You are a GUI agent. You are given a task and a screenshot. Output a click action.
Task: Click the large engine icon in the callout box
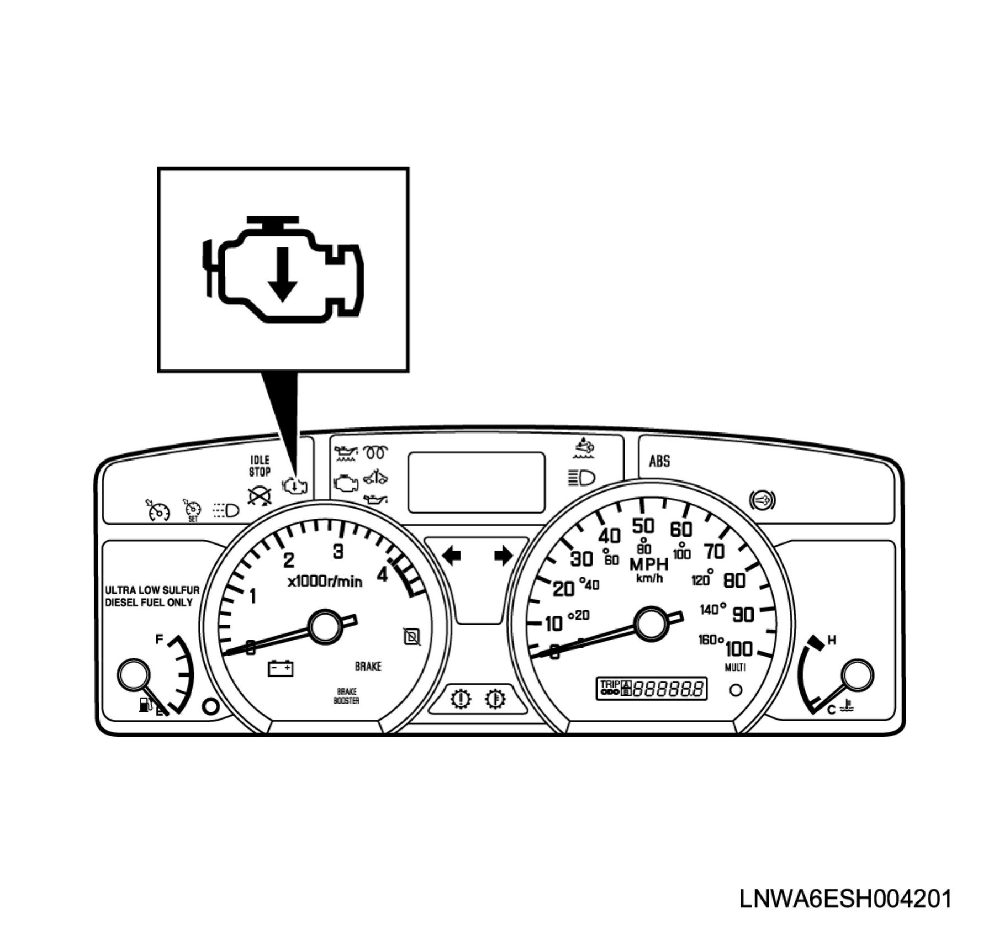[283, 270]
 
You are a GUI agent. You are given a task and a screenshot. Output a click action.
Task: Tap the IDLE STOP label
[260, 466]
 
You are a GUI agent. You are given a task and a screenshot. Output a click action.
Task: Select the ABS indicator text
[659, 461]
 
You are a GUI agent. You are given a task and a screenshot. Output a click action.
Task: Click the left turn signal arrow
[452, 555]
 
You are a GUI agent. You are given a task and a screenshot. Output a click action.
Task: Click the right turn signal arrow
[503, 555]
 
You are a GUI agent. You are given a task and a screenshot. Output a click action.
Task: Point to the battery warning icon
[281, 668]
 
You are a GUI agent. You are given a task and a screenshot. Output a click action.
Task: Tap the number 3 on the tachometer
[338, 551]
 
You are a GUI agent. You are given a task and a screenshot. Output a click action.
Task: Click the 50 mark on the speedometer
[643, 525]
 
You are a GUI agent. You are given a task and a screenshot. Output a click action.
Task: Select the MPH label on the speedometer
[649, 564]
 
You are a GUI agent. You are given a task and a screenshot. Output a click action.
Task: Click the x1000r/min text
[325, 581]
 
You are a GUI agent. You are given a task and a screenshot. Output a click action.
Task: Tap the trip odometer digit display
[668, 689]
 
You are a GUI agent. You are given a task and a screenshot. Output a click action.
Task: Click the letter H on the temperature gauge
[832, 640]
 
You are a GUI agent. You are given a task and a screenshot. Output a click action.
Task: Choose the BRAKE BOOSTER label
[346, 696]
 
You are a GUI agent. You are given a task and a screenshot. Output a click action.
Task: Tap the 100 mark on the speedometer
[738, 648]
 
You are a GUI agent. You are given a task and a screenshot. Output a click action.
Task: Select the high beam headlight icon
[581, 477]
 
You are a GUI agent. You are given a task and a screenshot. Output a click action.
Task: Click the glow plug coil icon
[376, 453]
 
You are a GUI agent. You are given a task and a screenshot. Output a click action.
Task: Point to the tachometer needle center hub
[326, 626]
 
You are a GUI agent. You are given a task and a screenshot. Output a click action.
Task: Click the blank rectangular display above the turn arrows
[476, 482]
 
